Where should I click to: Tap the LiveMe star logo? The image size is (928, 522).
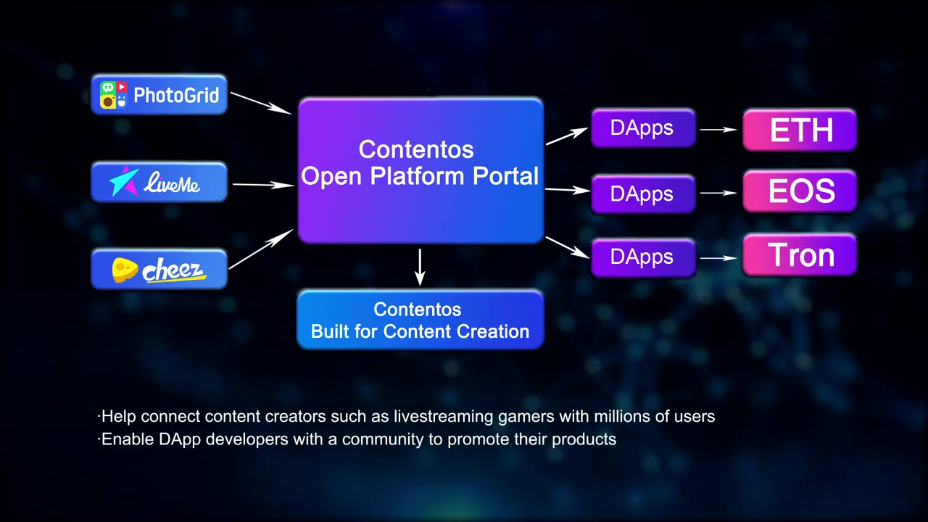(124, 182)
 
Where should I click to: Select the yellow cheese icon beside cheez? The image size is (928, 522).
(125, 270)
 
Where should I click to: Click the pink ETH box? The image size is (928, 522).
(800, 130)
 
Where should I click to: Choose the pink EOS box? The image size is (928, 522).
(800, 191)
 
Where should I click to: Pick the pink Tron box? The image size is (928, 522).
(800, 255)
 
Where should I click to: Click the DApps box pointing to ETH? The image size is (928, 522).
(642, 128)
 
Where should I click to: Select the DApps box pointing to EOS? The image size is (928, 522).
(642, 194)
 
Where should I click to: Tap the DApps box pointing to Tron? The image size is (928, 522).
(642, 257)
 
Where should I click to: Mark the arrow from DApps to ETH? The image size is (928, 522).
(718, 130)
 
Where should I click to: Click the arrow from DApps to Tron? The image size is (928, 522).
(718, 258)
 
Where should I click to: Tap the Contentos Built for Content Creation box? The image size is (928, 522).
(420, 320)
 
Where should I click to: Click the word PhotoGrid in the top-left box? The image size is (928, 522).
(176, 95)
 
